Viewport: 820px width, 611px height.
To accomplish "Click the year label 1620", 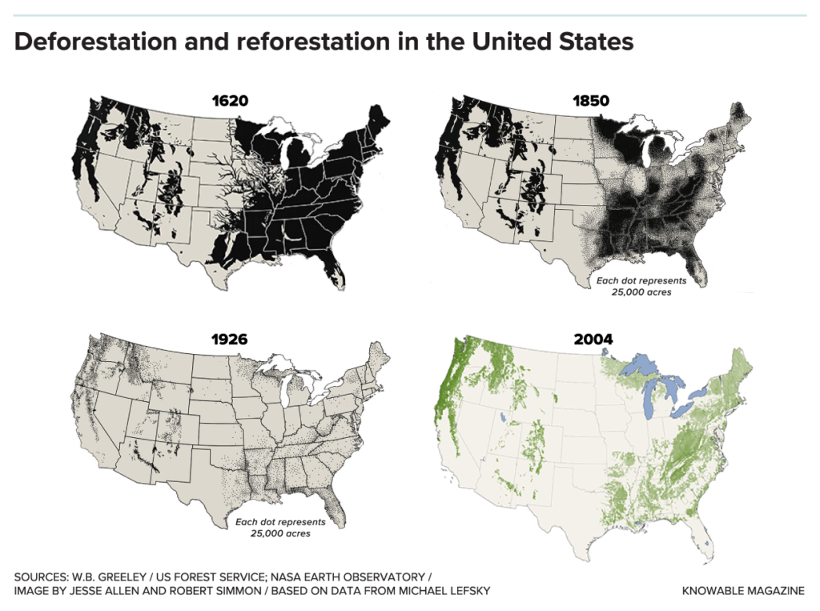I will [x=230, y=102].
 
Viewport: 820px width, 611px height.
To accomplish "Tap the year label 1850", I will [x=591, y=102].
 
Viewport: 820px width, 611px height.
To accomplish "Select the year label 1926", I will [x=230, y=339].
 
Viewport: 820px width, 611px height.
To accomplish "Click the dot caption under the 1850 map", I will [x=641, y=287].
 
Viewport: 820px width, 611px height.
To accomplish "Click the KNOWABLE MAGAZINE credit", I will [x=742, y=591].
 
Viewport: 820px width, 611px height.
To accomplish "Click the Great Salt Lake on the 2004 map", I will [x=501, y=416].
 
